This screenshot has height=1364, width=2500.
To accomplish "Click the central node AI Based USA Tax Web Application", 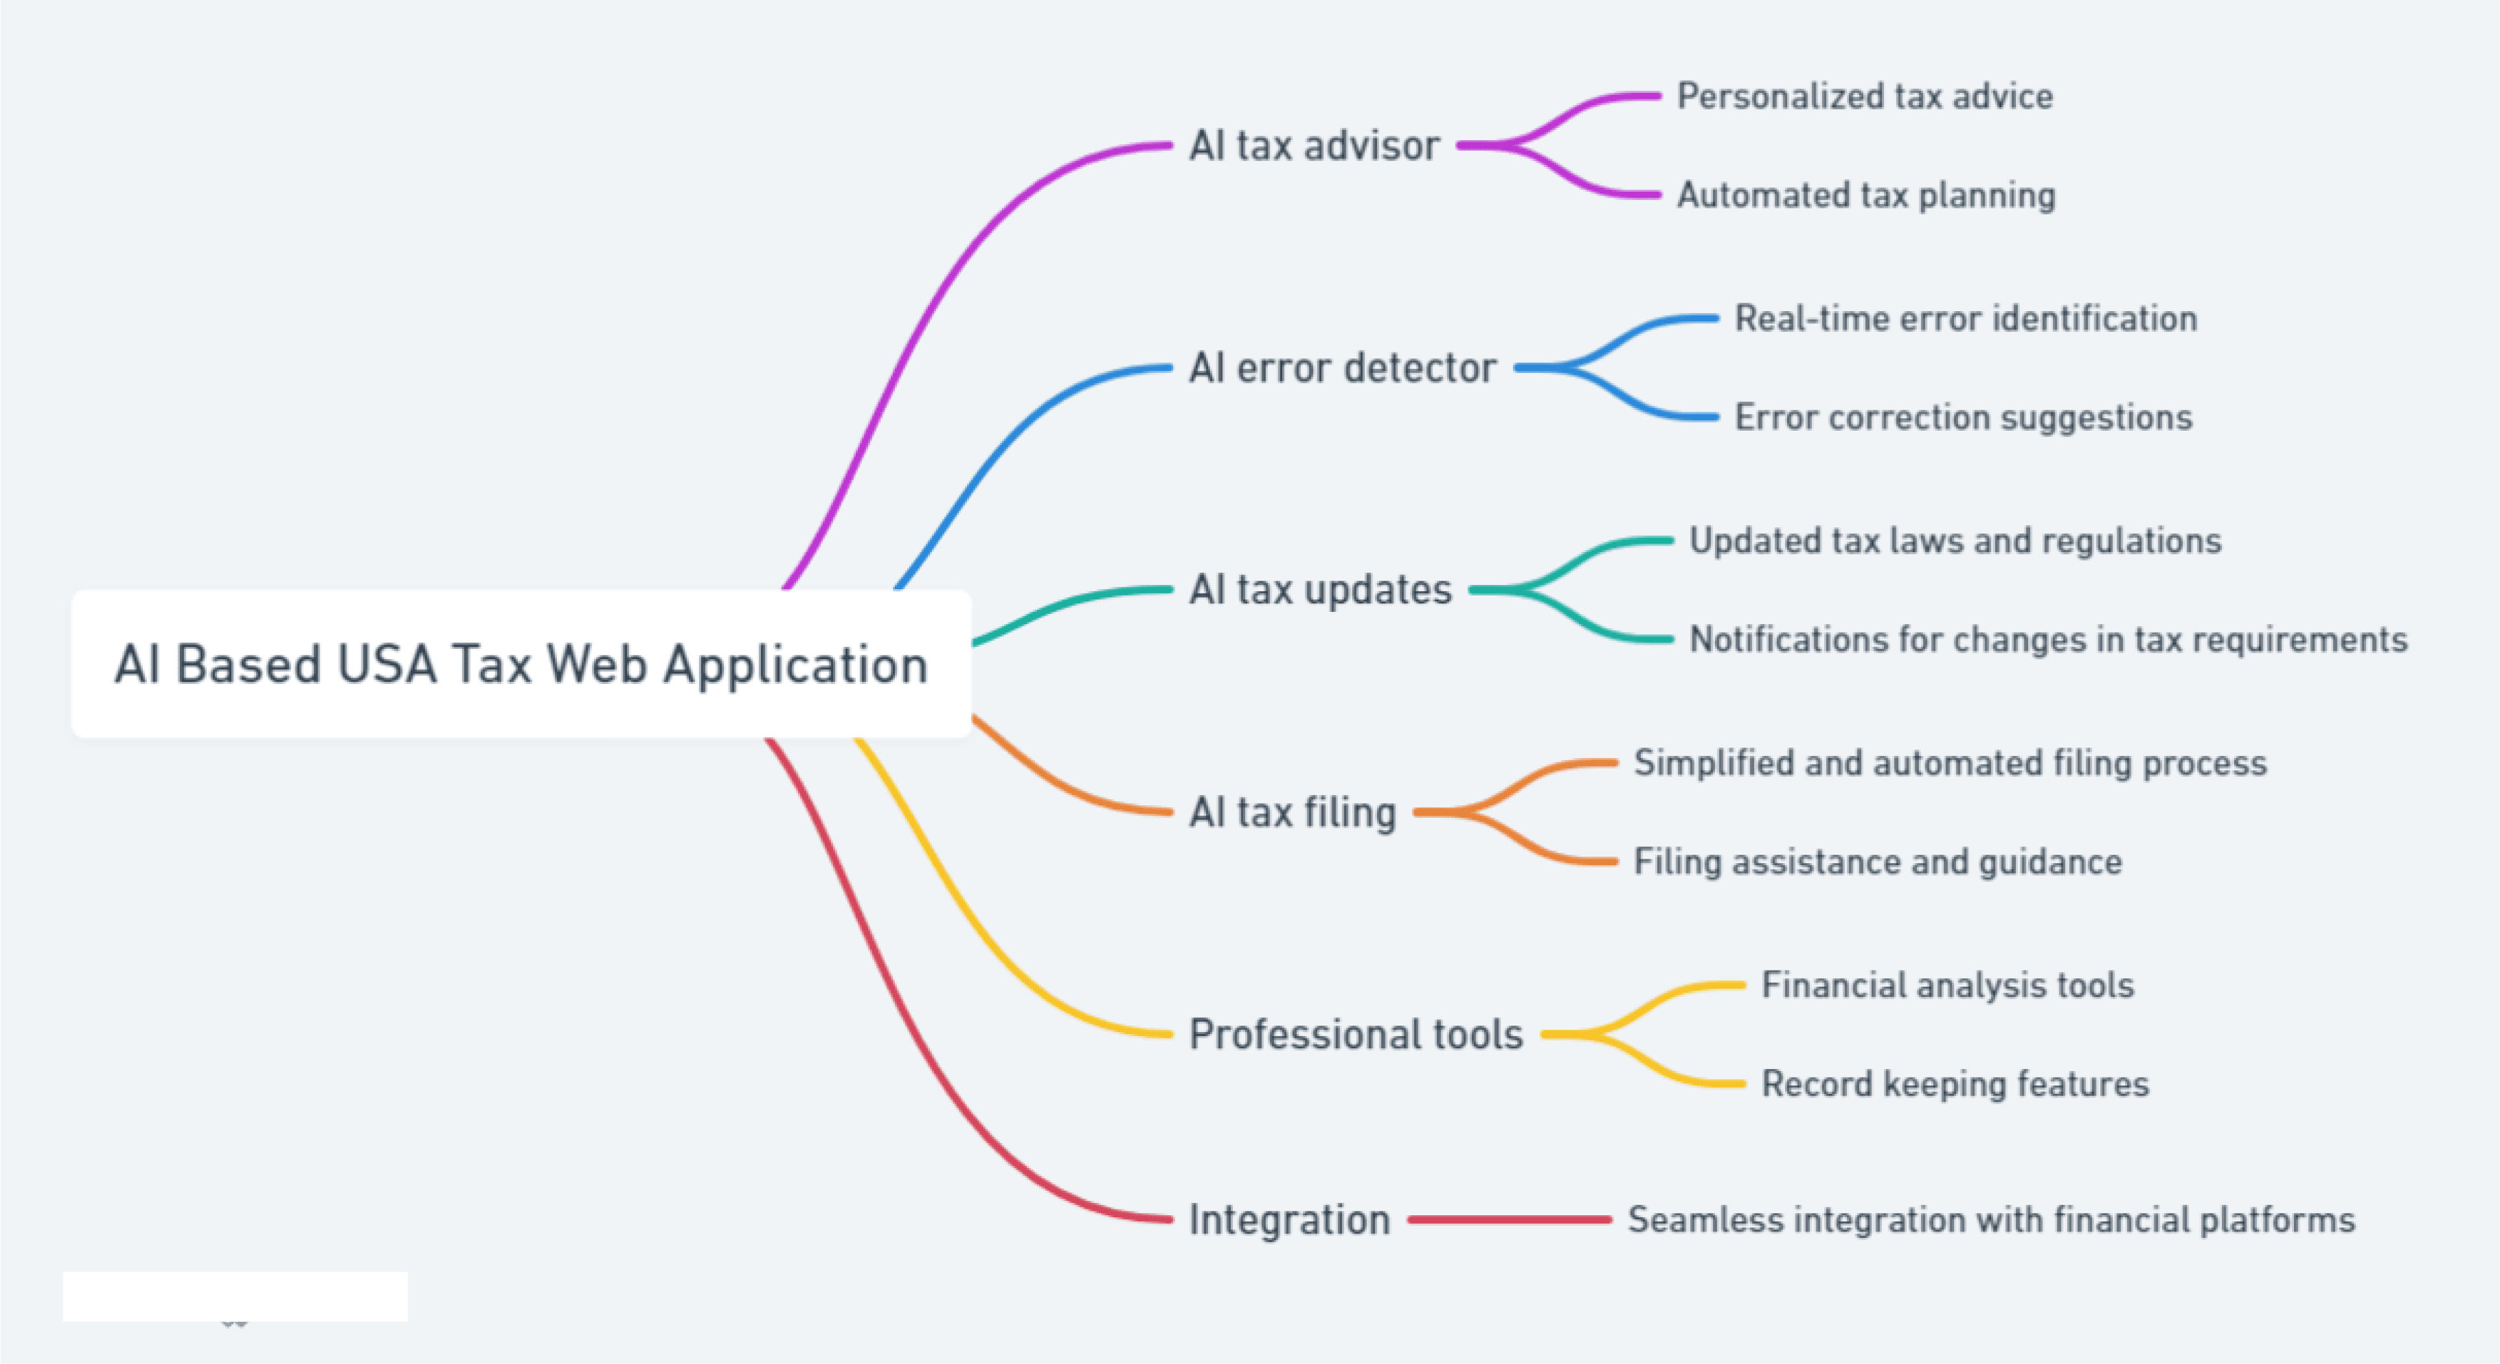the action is [x=521, y=664].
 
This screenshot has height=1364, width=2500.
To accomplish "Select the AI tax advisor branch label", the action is [x=1314, y=145].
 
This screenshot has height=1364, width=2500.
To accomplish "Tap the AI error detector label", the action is [x=1343, y=368].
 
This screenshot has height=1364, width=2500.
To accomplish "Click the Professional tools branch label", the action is [x=1356, y=1034].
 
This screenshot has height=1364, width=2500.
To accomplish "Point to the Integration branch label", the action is [x=1290, y=1219].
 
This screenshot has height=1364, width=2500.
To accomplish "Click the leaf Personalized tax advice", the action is [x=1865, y=96].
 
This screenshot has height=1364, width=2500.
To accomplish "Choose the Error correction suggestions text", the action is [x=1963, y=417].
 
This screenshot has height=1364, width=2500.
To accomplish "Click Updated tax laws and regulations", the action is [x=1955, y=540].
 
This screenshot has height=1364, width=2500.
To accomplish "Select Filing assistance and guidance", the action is [x=1878, y=861].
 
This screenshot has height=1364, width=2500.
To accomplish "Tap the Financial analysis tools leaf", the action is [x=1948, y=985].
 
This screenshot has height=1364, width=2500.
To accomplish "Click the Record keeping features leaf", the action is [x=1955, y=1083].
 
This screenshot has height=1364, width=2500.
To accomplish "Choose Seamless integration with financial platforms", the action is [x=1991, y=1219].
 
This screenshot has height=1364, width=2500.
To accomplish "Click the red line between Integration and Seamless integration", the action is [x=1509, y=1219].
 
